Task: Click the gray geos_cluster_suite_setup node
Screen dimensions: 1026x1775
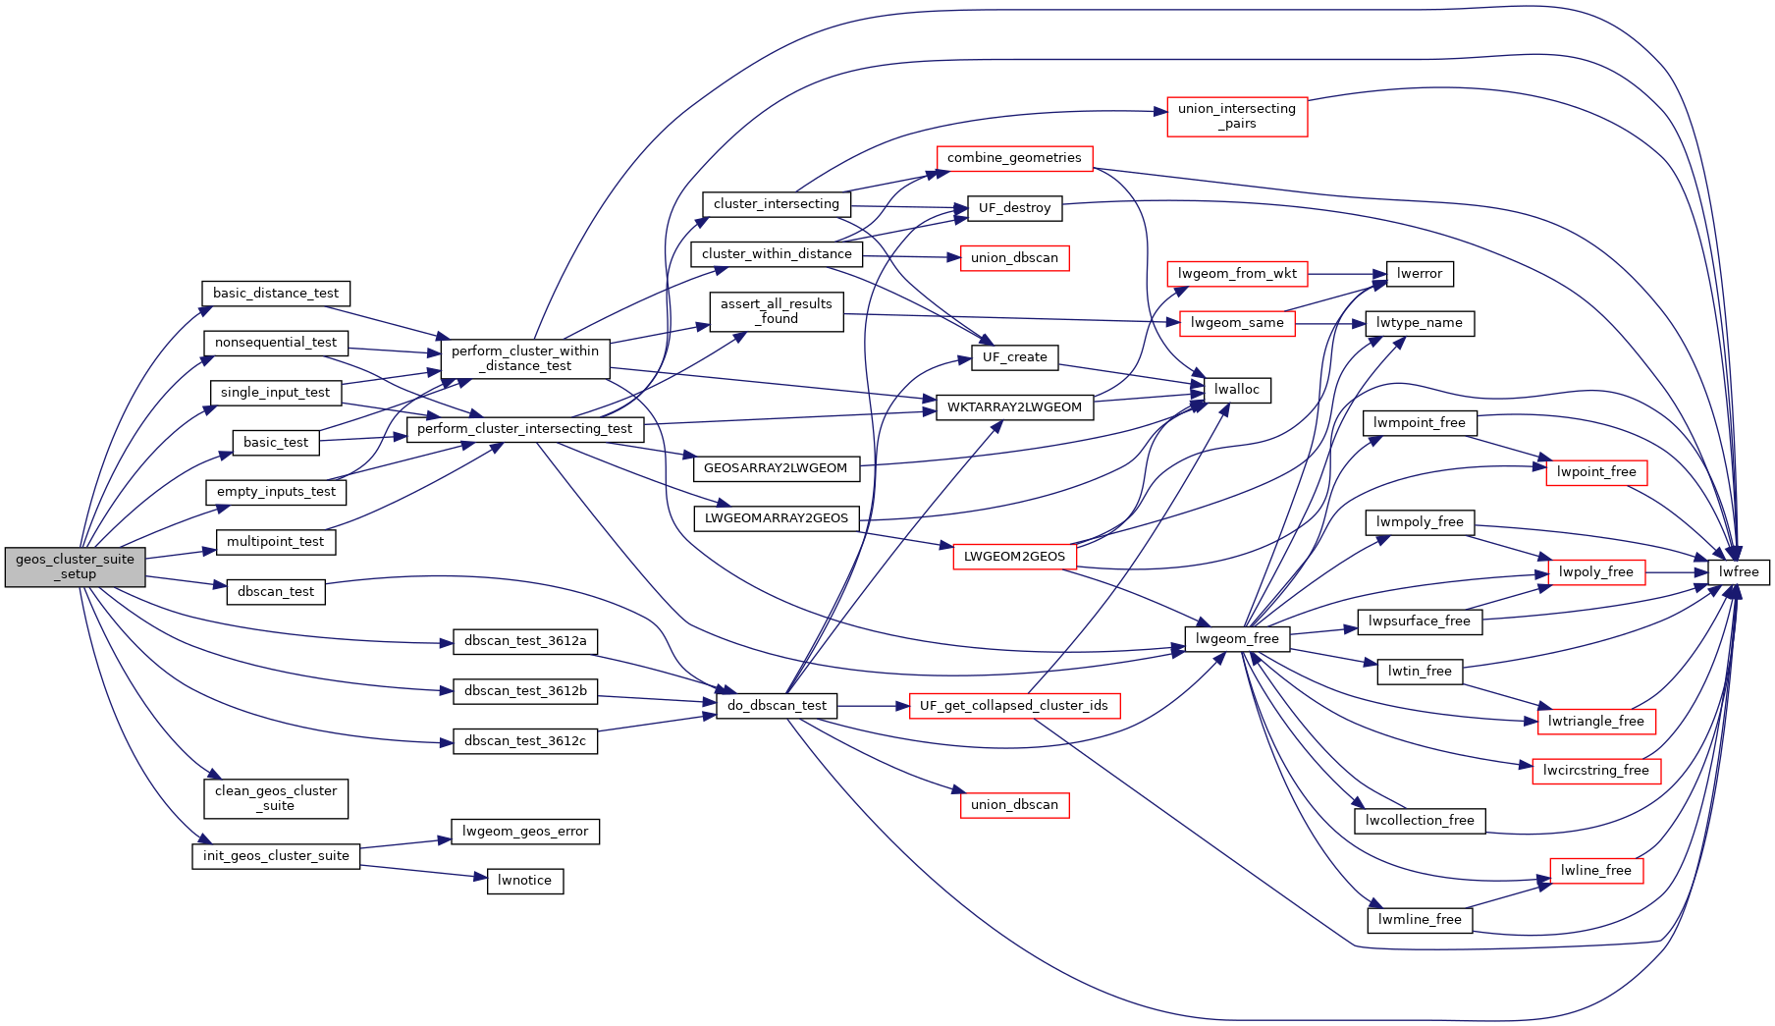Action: point(75,567)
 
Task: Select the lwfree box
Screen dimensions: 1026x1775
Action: point(1738,571)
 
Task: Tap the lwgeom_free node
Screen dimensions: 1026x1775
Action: point(1236,638)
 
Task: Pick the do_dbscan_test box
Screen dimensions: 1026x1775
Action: point(776,705)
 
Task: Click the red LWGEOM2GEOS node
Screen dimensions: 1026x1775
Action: point(1013,556)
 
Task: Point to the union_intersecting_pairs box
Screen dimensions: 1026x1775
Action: point(1236,116)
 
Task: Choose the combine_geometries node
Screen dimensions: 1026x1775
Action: point(1013,157)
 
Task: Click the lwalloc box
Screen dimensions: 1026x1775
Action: point(1236,389)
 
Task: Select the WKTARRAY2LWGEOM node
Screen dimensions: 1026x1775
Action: point(1013,406)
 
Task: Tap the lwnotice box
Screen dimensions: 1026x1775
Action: point(524,880)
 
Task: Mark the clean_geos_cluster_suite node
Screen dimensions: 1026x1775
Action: point(276,797)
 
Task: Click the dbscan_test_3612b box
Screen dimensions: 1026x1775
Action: point(525,690)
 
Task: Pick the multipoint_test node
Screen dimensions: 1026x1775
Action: point(275,541)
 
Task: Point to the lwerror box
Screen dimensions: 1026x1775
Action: point(1419,273)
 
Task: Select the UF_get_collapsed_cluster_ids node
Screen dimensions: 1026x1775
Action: point(1013,705)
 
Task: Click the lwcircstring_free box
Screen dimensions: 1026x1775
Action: point(1595,770)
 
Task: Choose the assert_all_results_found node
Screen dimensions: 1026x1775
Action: point(776,310)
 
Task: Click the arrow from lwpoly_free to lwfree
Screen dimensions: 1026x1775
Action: point(1676,571)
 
